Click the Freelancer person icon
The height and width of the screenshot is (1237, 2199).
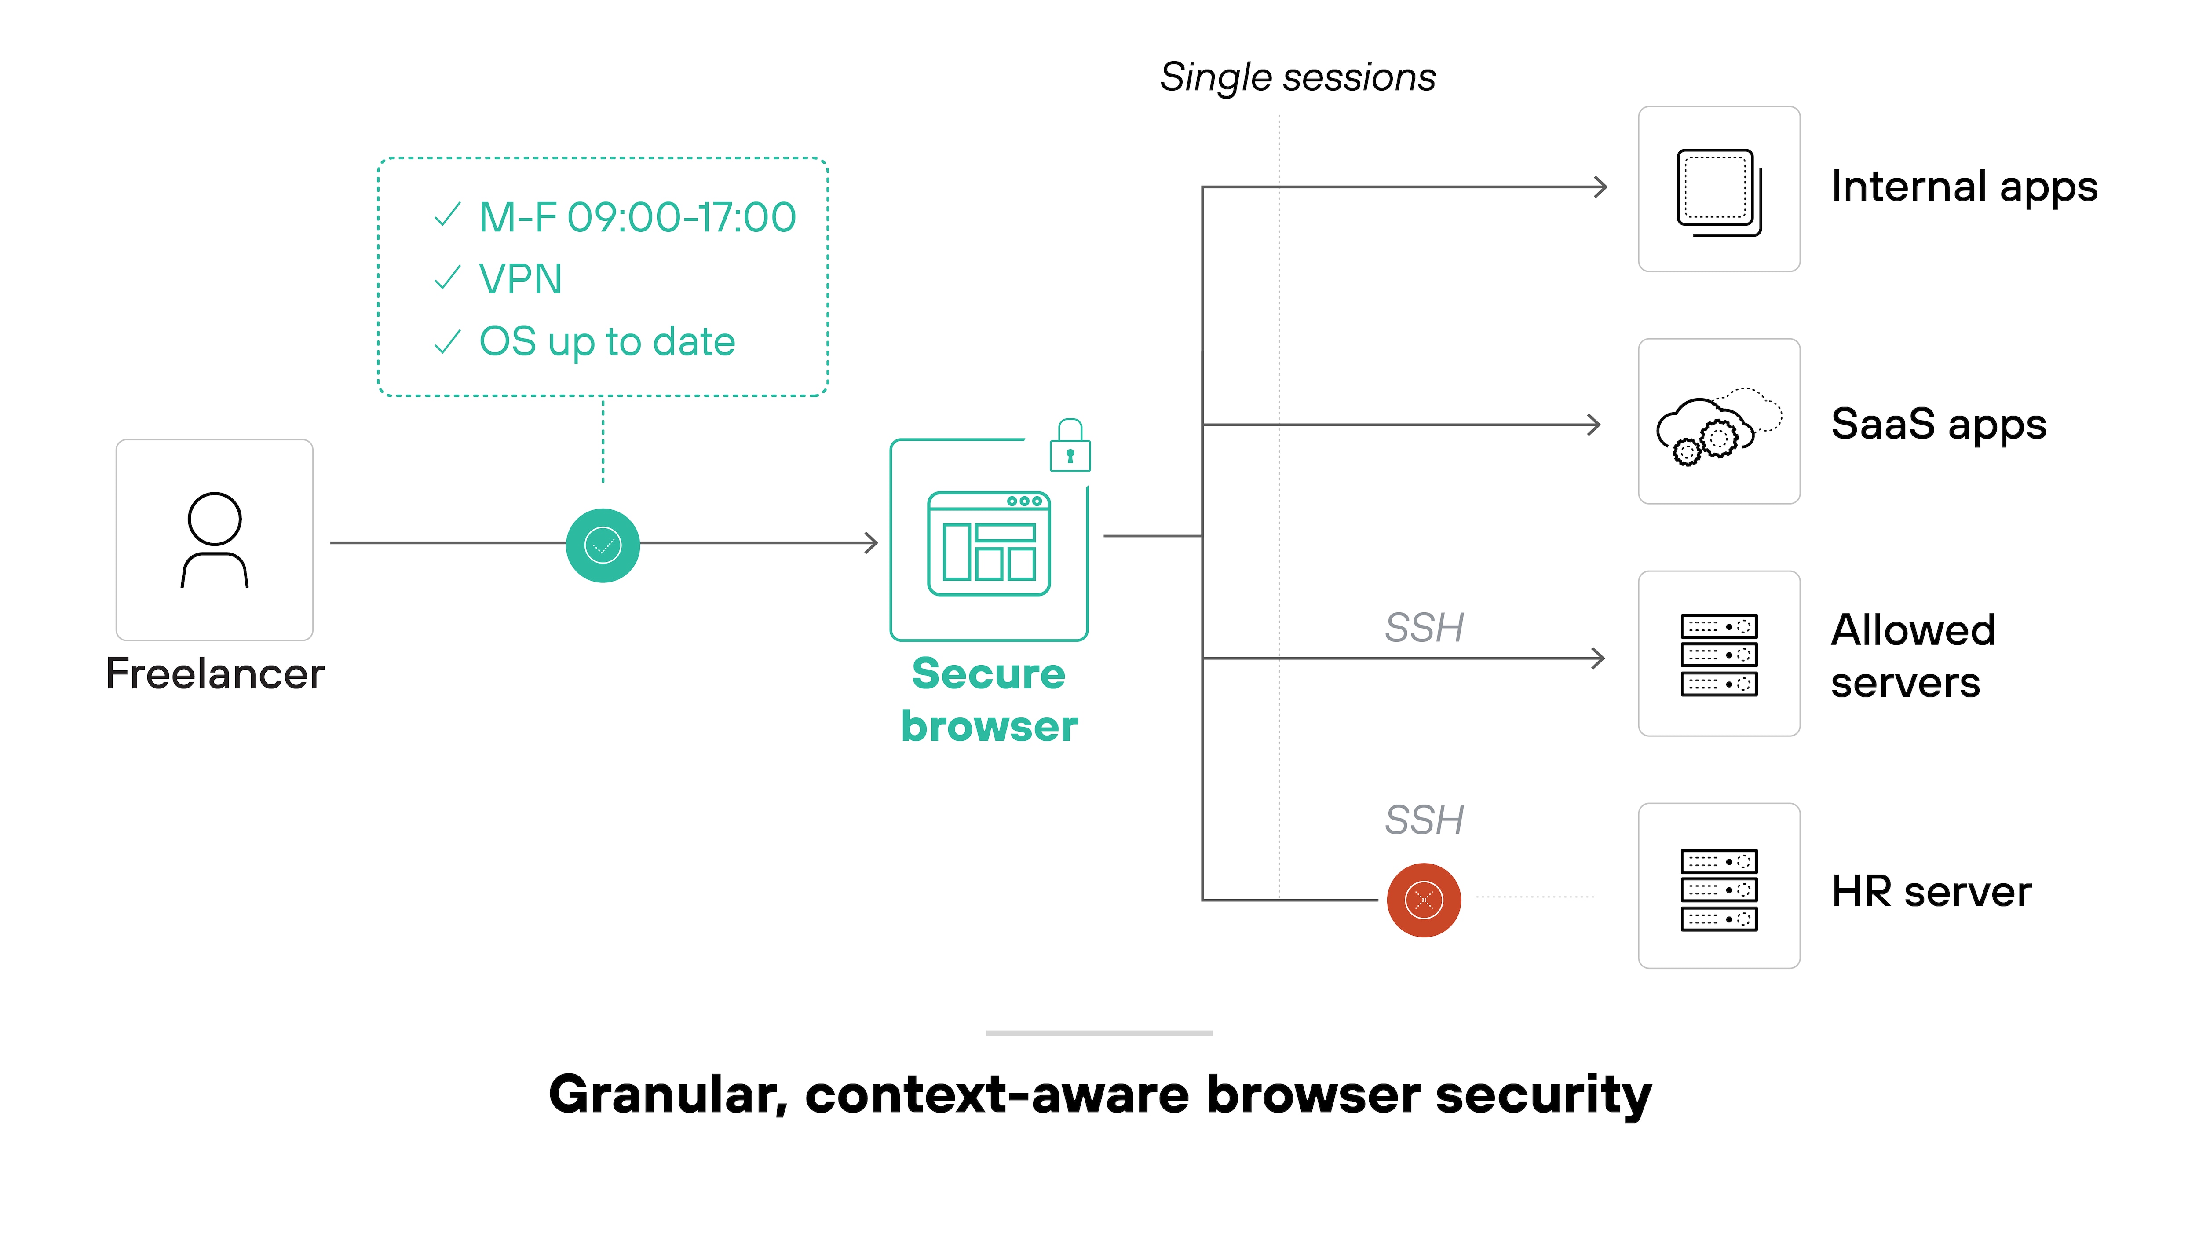point(214,539)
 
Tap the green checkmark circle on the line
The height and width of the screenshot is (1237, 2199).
point(603,545)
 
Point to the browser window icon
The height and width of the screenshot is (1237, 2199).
point(989,544)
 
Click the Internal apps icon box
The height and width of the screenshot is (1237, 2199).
point(1718,190)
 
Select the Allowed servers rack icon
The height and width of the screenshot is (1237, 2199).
point(1718,655)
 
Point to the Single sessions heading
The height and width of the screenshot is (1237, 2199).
point(1297,77)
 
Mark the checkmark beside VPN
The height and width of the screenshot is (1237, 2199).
point(447,278)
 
